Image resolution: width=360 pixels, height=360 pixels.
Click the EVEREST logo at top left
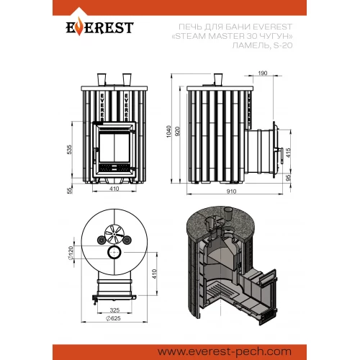pos(99,27)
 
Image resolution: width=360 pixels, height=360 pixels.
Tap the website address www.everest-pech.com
pos(225,352)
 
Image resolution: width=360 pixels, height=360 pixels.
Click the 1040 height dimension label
pos(168,131)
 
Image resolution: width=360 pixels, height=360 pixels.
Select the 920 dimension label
pos(178,131)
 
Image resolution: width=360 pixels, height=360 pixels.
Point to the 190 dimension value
pos(263,73)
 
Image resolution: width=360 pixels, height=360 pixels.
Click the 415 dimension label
pos(288,153)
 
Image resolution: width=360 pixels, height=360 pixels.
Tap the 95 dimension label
pos(288,178)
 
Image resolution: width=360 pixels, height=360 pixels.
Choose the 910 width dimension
pos(231,192)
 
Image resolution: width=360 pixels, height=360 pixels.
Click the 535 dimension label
pos(69,149)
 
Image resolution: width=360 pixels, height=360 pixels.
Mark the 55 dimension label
pos(69,190)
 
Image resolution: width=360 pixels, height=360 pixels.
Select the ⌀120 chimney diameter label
pos(71,253)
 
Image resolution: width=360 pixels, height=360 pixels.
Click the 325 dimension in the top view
pos(114,310)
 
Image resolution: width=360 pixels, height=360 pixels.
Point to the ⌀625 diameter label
pos(113,318)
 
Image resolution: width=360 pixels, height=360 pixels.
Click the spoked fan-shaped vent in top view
pos(114,234)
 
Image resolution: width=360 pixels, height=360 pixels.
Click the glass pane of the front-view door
pos(114,147)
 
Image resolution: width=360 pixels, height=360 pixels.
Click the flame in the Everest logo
pos(78,28)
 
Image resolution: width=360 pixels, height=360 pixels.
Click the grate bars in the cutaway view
pos(218,289)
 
